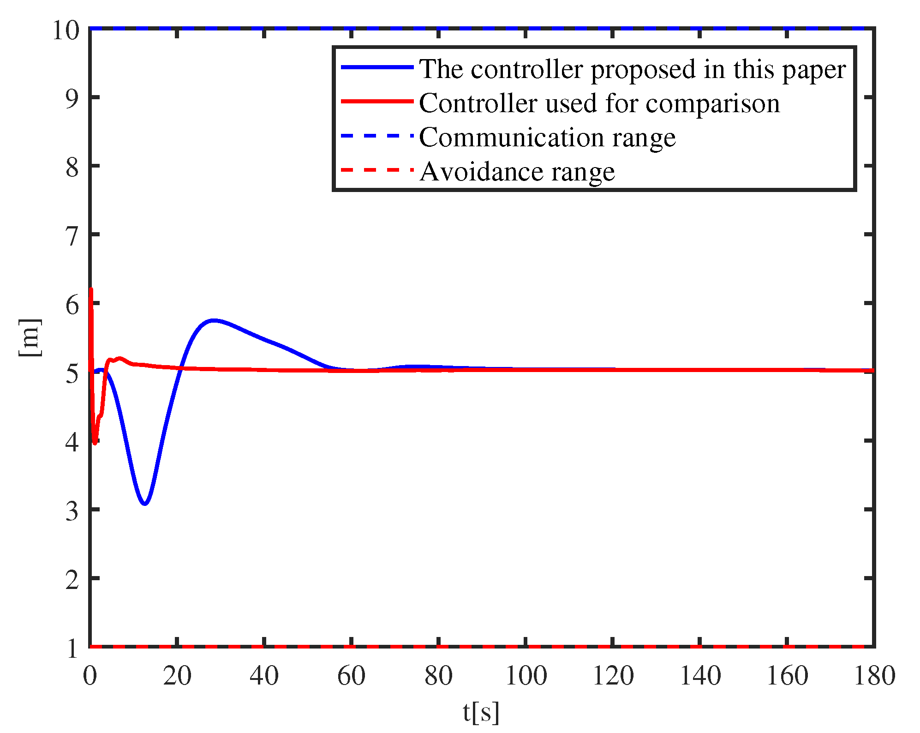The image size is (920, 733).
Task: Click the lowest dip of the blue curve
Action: tap(145, 503)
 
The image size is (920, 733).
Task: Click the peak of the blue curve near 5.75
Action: tap(213, 320)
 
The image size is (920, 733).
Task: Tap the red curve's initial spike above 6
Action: tap(91, 290)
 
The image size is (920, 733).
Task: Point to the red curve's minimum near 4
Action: tap(95, 443)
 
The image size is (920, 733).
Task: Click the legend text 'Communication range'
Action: tap(547, 138)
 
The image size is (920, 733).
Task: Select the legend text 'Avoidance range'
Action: tap(517, 172)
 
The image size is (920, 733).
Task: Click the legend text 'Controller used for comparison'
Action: tap(599, 103)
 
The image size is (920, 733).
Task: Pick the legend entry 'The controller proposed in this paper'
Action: tap(632, 69)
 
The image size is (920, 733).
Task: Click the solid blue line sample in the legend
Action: tap(377, 67)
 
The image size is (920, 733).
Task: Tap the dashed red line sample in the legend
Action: tap(377, 170)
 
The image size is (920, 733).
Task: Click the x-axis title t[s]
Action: tap(481, 711)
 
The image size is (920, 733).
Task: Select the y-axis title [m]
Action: tap(30, 338)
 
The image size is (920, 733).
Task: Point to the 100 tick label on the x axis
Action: tap(526, 676)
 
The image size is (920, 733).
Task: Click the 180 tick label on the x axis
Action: tap(874, 676)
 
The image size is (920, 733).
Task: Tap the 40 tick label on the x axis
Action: tap(264, 676)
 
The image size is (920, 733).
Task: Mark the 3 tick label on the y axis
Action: tap(72, 511)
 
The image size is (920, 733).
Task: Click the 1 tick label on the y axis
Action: tap(72, 648)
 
